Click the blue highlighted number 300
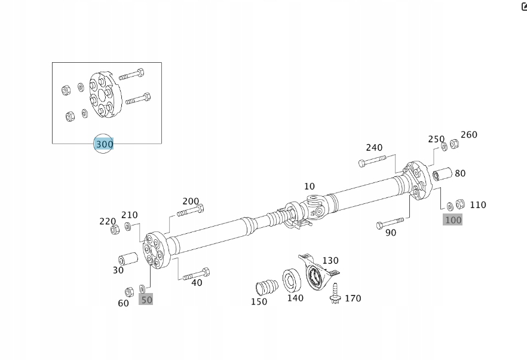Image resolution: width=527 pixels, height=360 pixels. coord(104,144)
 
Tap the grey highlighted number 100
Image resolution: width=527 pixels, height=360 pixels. coord(453,219)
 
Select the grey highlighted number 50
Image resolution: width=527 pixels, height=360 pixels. coord(146,300)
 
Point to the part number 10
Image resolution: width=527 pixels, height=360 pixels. coord(309,187)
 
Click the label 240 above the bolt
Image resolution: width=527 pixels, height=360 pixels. coord(374,148)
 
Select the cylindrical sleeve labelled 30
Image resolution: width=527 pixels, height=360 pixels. coord(127,260)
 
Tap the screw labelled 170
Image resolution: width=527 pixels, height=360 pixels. coord(335,294)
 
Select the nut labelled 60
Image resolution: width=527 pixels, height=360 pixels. coord(128,292)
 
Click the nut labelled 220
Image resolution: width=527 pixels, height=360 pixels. coord(115,230)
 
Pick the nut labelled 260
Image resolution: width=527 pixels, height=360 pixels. coord(454,144)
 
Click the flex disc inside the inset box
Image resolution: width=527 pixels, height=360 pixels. coord(105,95)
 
